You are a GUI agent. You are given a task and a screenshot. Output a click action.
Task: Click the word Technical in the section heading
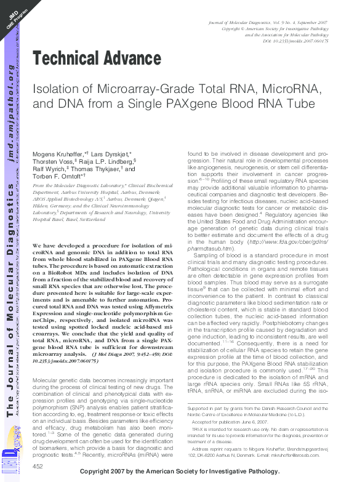point(66,60)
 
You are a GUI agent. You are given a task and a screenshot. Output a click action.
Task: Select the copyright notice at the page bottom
point(187,472)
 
